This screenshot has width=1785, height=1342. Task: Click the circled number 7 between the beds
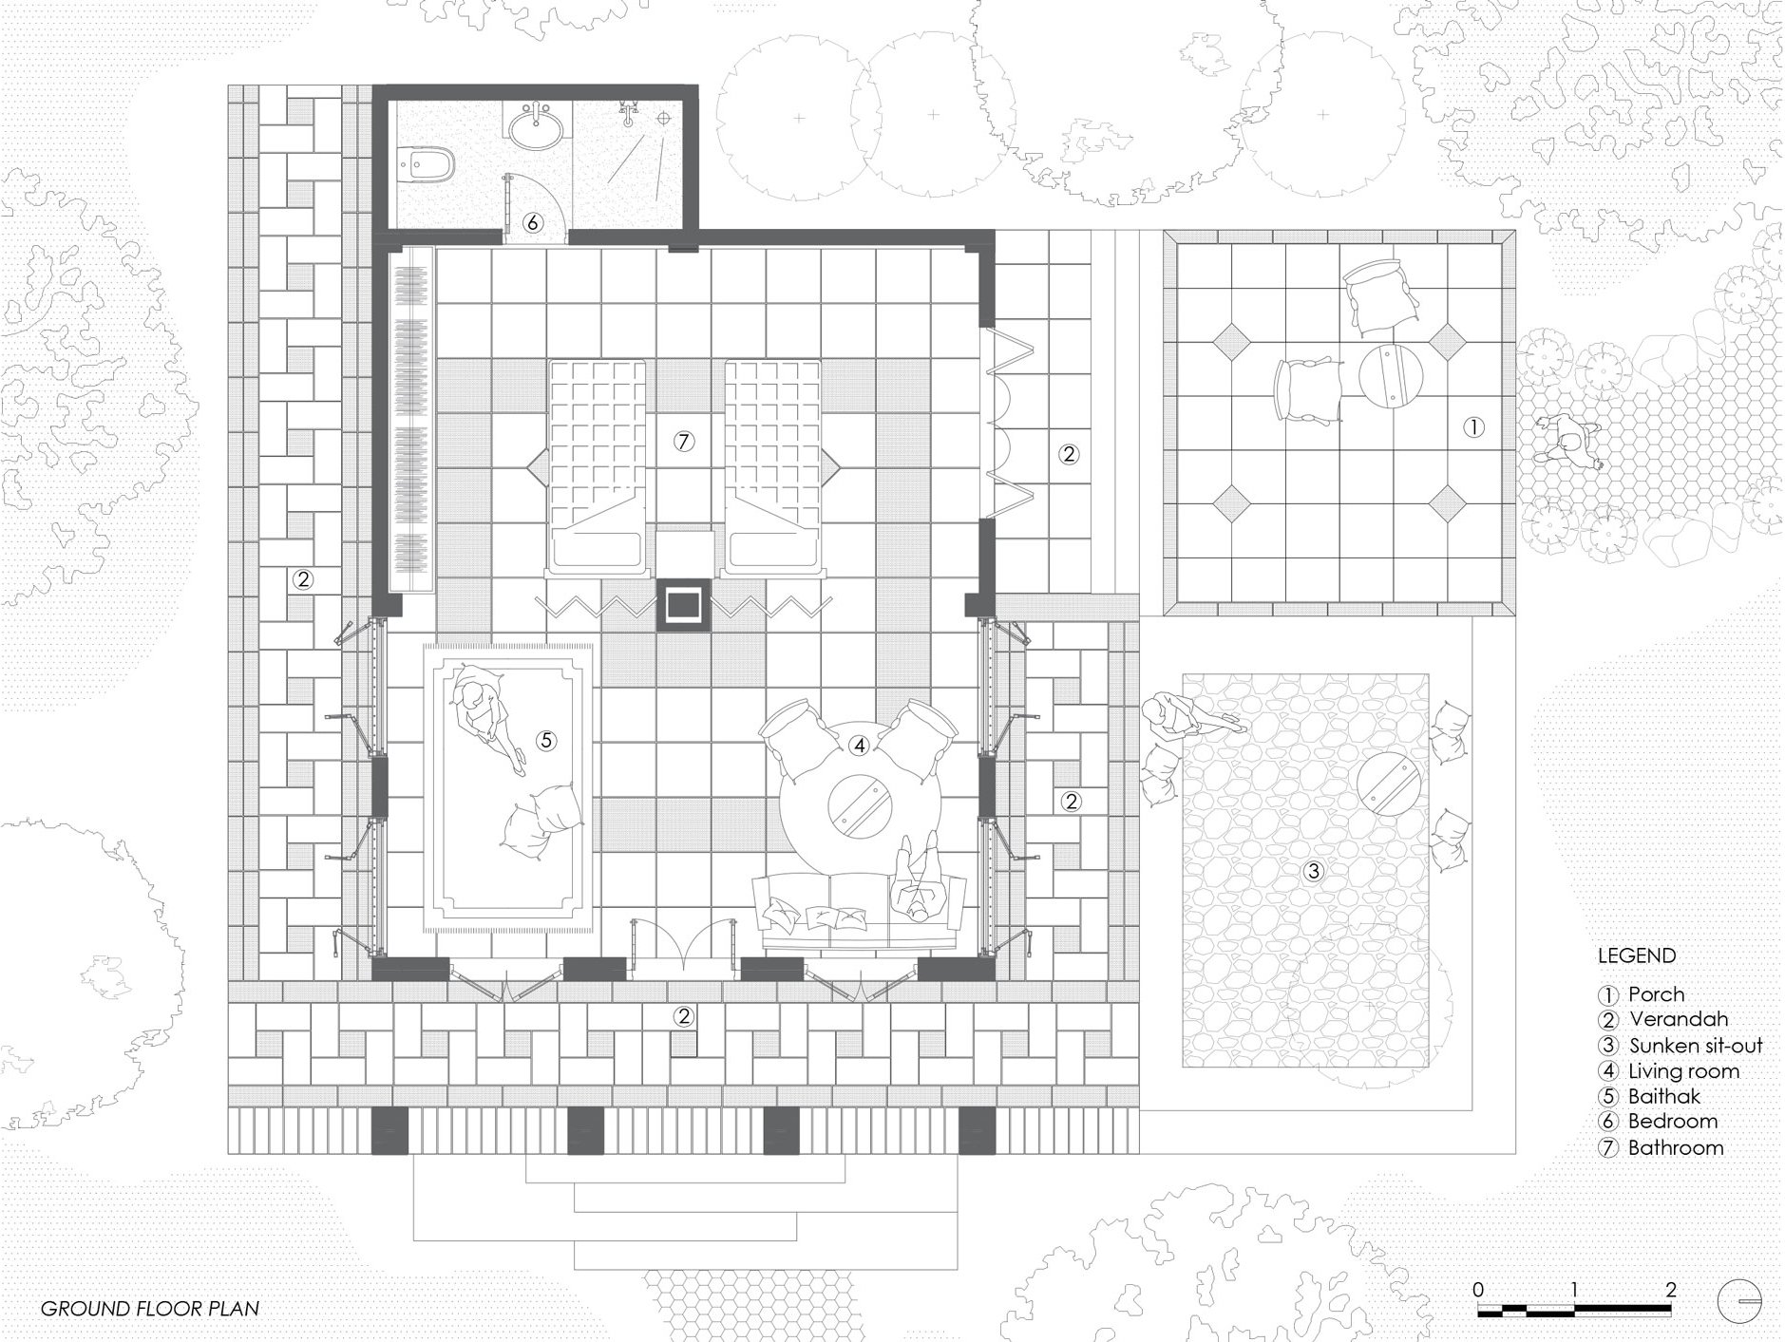pos(684,441)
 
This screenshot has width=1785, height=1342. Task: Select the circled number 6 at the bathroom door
pos(533,222)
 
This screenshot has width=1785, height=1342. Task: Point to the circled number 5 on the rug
pos(545,740)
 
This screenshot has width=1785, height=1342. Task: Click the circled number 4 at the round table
pos(860,746)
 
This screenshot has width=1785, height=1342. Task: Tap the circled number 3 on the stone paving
pos(1313,870)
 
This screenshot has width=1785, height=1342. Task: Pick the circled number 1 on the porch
pos(1473,427)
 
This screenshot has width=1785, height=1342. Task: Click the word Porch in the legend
pos(1656,994)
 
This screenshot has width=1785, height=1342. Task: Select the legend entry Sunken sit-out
pos(1696,1046)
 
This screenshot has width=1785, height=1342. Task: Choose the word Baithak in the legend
pos(1664,1096)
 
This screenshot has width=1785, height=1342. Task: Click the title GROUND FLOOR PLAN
pos(149,1308)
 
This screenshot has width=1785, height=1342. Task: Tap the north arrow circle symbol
pos(1740,1299)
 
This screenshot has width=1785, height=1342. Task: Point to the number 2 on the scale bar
pos(1671,1290)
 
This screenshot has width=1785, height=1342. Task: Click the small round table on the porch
pos(1389,377)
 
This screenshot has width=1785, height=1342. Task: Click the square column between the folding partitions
pos(683,604)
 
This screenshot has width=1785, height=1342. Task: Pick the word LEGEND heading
pos(1637,955)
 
